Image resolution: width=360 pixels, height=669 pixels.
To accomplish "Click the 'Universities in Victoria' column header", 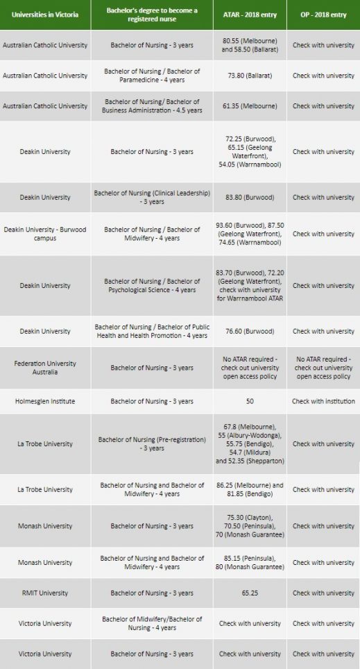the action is click(45, 15).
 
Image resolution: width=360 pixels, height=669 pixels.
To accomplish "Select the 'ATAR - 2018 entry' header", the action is click(250, 15).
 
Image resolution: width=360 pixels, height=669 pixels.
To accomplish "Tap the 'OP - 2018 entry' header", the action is click(323, 15).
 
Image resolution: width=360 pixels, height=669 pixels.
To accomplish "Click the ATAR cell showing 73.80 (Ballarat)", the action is click(250, 76).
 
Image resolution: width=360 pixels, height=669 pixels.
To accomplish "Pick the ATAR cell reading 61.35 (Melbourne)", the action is click(250, 106).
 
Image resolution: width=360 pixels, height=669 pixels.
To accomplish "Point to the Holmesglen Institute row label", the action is click(45, 401).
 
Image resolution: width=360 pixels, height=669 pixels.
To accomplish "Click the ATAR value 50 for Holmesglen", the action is click(250, 401).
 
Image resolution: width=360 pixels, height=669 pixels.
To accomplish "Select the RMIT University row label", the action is click(45, 593).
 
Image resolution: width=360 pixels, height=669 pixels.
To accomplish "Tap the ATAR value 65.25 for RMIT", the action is click(250, 593).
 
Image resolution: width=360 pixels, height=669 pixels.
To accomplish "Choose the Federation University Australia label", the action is click(45, 368).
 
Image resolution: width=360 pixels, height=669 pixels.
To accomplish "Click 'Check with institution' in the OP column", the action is click(323, 401).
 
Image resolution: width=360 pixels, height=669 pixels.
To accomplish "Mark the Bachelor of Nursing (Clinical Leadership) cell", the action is click(152, 197).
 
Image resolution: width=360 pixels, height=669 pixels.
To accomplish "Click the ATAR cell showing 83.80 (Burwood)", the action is click(250, 197).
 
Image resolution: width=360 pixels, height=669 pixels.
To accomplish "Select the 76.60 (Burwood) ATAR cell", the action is click(250, 331).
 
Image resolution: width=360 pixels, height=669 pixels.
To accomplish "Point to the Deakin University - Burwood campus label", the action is click(45, 234).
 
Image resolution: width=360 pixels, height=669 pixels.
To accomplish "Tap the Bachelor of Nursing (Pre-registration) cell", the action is click(152, 443).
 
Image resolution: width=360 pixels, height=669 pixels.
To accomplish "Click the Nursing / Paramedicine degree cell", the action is click(152, 76).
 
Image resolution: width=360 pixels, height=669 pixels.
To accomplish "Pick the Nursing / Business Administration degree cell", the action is click(152, 106).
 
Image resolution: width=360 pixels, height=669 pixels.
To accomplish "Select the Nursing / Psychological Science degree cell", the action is click(152, 285).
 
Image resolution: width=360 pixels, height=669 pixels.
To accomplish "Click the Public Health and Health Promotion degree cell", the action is click(152, 331).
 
